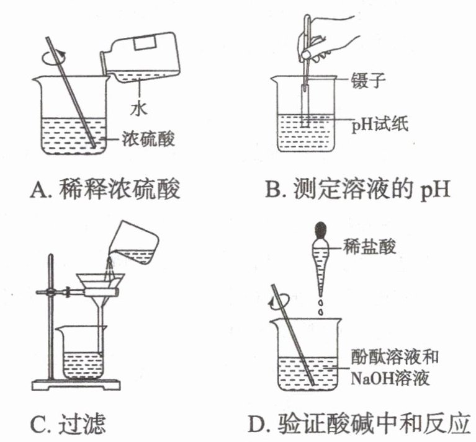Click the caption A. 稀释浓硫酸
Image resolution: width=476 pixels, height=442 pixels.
pyautogui.click(x=106, y=188)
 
